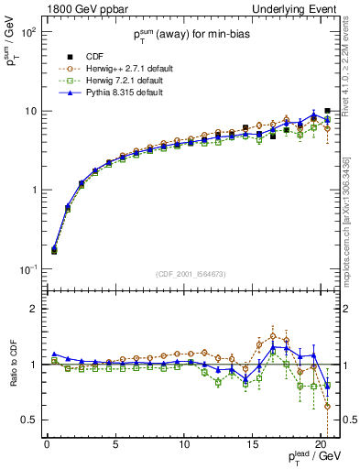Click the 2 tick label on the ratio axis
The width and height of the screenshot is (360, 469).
[33, 310]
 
